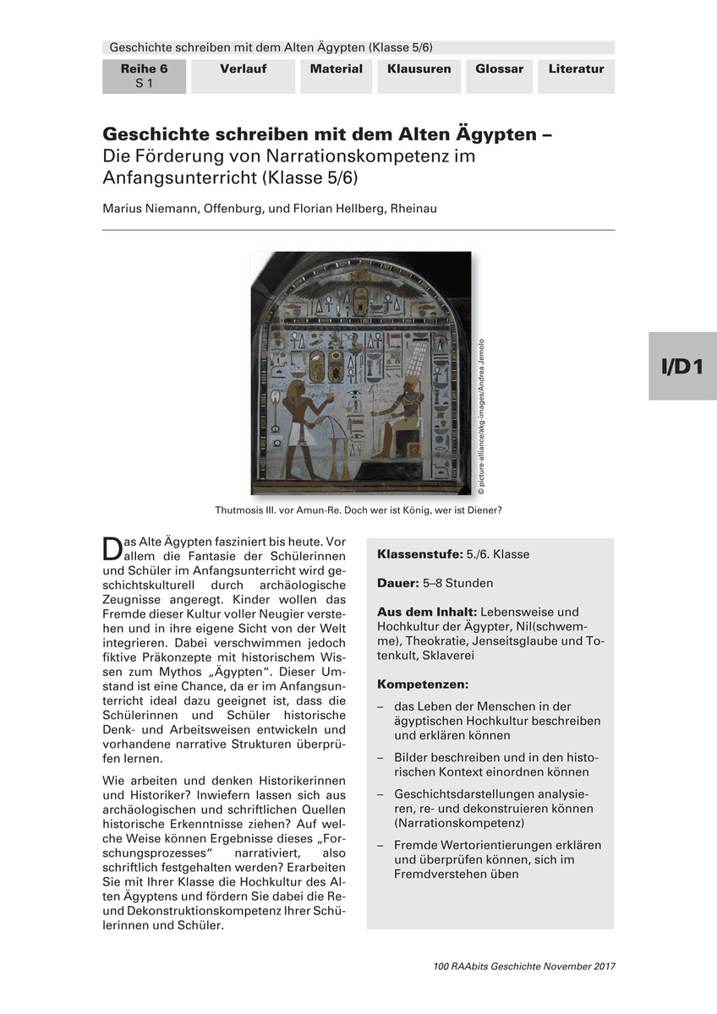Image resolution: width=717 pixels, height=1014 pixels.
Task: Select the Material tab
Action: coord(336,69)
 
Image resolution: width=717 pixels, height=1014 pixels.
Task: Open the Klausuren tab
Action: coord(419,69)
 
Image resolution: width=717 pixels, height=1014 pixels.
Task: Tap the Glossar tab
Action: coord(499,69)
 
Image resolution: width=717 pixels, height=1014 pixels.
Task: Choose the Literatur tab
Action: coord(576,69)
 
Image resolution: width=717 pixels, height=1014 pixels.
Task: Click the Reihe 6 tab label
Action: coord(144,69)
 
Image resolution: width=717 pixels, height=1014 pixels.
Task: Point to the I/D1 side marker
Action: coord(682,366)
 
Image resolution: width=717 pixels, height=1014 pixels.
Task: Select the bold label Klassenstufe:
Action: coord(419,555)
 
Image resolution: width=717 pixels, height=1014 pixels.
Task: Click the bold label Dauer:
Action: coord(397,583)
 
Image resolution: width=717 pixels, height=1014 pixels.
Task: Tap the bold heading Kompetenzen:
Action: coord(422,683)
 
